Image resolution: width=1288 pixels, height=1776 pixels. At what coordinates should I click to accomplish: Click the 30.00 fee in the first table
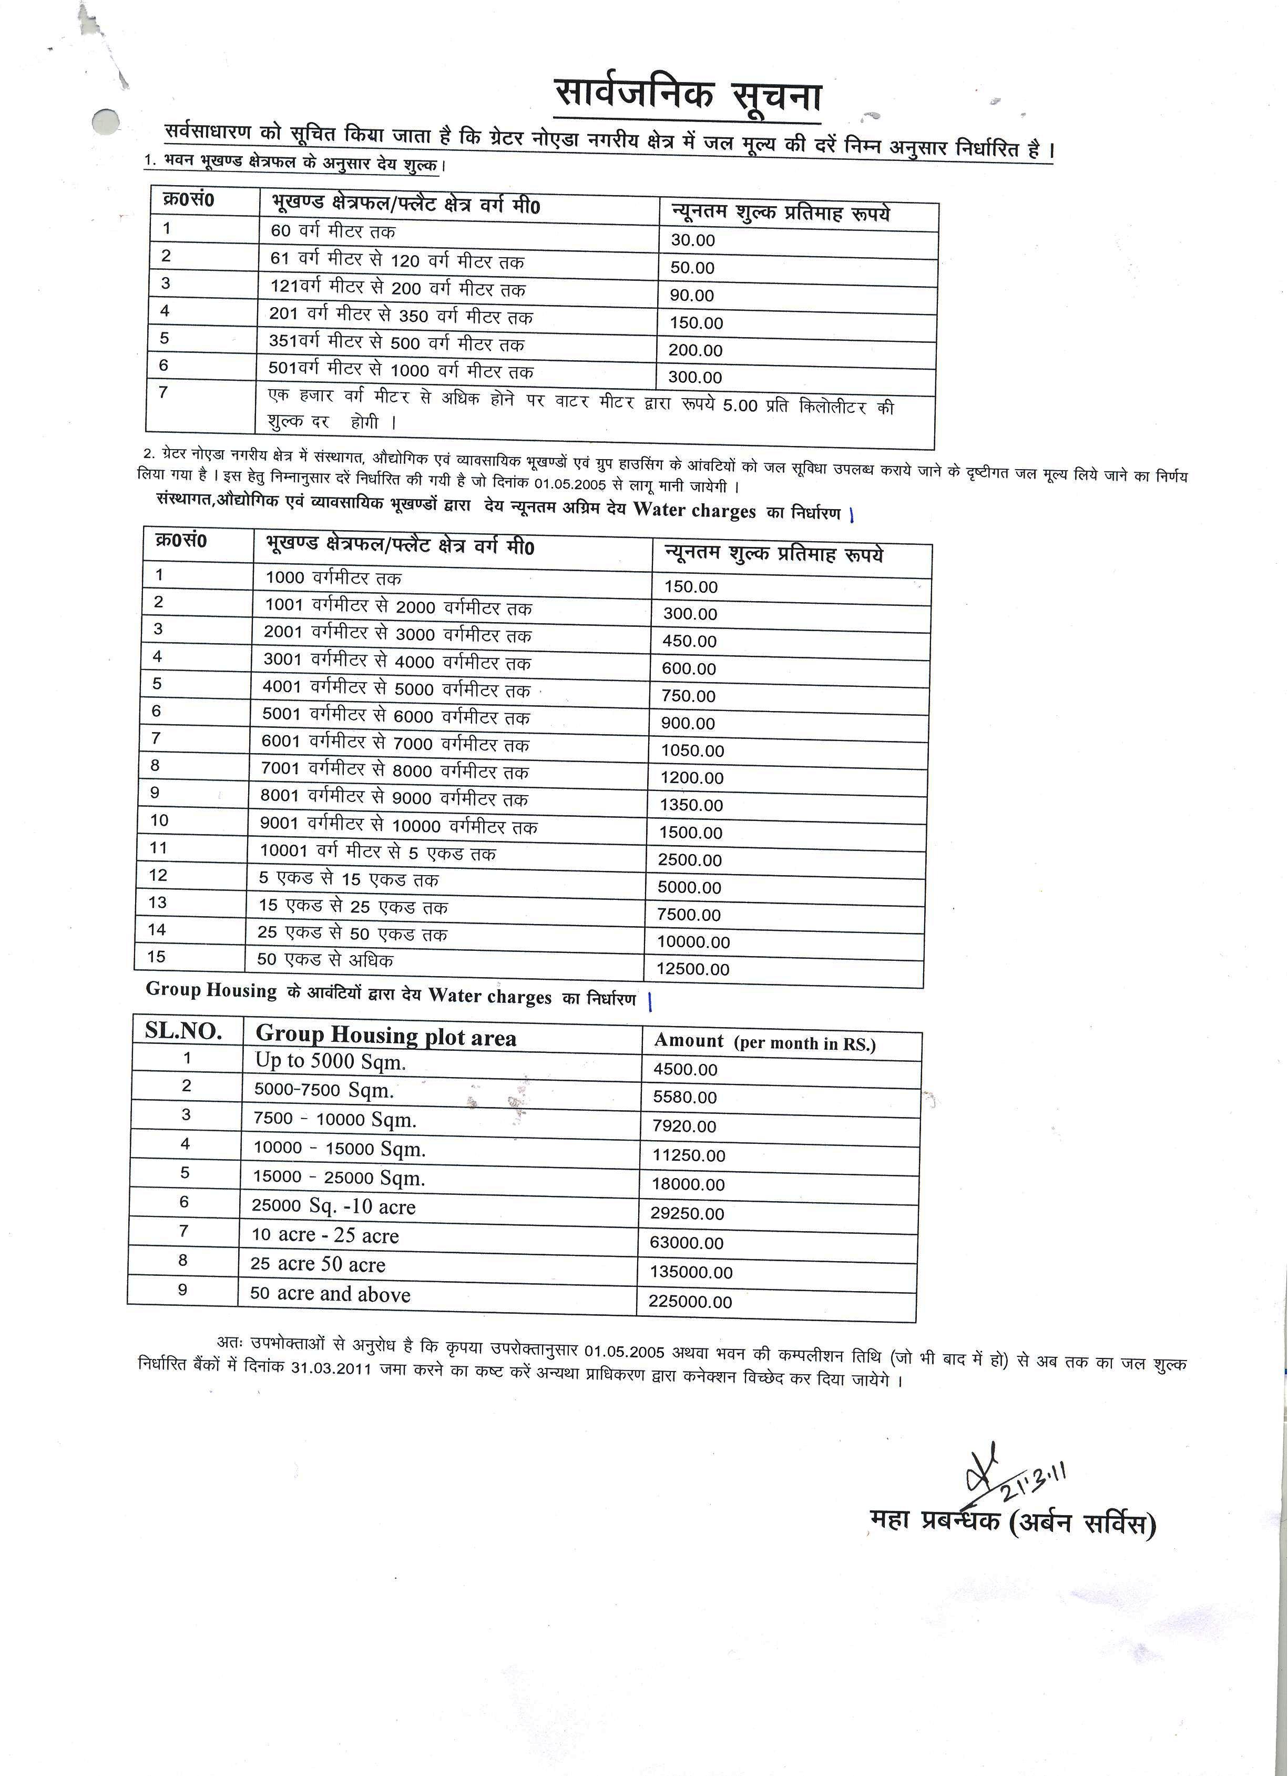[x=692, y=240]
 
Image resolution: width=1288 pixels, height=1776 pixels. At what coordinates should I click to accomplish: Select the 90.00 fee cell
[x=691, y=295]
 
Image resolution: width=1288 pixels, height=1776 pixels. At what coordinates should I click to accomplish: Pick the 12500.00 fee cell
[x=692, y=969]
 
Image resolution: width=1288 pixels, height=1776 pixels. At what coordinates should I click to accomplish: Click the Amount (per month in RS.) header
[x=764, y=1042]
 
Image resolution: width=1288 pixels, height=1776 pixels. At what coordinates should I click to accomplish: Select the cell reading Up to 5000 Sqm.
[x=331, y=1062]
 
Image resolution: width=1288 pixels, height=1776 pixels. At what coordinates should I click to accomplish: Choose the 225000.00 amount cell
[x=690, y=1302]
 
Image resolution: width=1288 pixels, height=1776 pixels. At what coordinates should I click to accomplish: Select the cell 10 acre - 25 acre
[x=324, y=1236]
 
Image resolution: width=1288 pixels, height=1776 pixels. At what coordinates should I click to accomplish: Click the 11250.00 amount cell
[x=688, y=1155]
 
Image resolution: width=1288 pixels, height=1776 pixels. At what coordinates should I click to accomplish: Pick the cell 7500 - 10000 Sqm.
[x=334, y=1120]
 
